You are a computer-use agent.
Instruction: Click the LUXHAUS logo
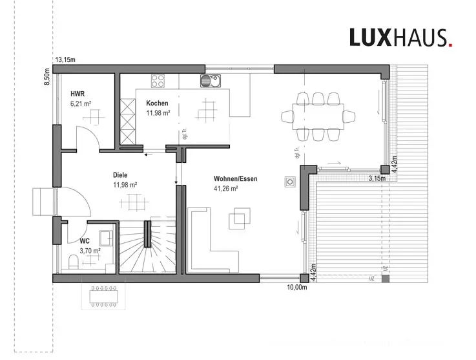tap(400, 37)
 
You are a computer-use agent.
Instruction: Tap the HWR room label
tap(78, 94)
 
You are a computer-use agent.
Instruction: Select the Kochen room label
tap(157, 103)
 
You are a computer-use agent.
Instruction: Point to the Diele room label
tap(120, 175)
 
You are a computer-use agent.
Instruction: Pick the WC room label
tap(75, 240)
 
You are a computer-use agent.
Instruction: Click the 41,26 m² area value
tap(226, 188)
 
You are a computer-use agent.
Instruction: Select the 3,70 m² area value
tap(90, 251)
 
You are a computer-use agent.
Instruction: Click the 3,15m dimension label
tap(377, 178)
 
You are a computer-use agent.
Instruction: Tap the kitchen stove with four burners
tap(158, 81)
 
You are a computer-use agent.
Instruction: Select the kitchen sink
tap(210, 81)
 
